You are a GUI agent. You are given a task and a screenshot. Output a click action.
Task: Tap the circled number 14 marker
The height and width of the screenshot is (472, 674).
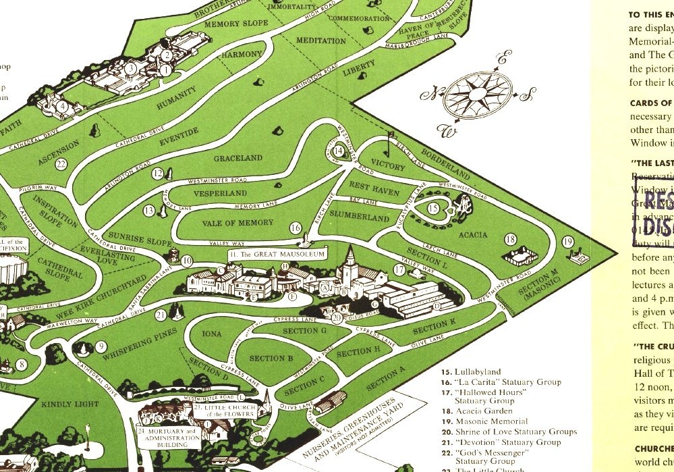click(338, 151)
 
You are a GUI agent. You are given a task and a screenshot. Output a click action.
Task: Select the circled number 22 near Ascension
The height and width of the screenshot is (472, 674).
click(61, 164)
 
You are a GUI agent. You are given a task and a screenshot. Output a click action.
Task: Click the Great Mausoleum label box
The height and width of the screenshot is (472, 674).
click(277, 255)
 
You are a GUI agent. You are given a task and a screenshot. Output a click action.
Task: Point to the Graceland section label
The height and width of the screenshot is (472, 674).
click(238, 159)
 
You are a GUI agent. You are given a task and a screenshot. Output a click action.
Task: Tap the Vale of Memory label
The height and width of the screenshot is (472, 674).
click(237, 223)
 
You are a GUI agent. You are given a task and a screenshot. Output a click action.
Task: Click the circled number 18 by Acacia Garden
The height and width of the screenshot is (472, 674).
click(511, 239)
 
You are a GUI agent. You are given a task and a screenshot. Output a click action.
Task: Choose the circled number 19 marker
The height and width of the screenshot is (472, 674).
click(567, 242)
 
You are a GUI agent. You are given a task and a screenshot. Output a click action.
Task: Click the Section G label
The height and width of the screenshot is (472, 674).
click(305, 330)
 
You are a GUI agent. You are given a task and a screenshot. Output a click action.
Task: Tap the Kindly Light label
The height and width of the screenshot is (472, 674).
click(70, 404)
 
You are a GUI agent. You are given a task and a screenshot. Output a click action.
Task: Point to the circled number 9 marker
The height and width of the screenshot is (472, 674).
click(101, 347)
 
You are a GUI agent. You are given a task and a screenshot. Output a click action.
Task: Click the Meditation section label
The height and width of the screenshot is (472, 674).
click(321, 41)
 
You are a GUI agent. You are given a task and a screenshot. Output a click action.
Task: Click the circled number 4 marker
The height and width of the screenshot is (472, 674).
click(61, 106)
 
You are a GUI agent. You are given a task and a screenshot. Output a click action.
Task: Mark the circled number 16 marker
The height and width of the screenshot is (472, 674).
click(295, 228)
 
